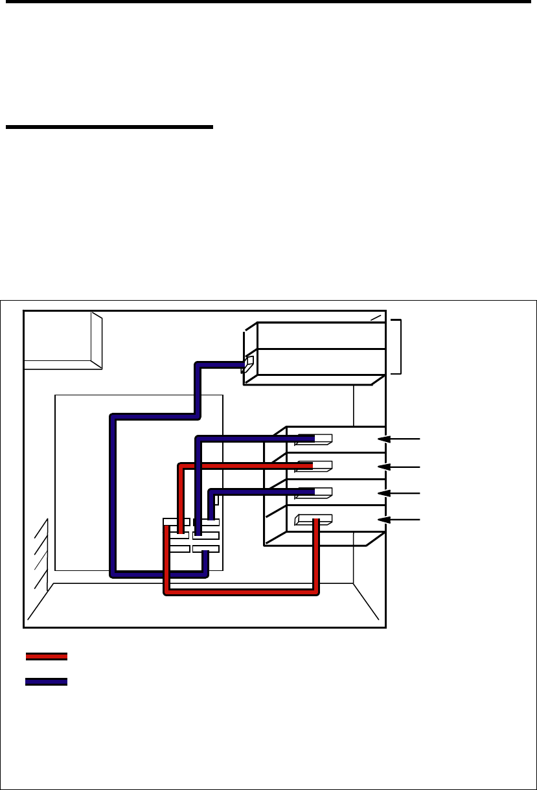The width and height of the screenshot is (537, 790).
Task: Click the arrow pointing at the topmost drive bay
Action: point(399,439)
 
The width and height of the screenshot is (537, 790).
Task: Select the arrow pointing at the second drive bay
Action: point(399,466)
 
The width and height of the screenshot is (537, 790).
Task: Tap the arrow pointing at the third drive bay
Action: point(399,493)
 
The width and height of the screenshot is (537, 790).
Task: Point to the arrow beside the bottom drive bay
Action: point(399,519)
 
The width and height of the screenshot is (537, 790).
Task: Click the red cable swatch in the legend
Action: point(47,656)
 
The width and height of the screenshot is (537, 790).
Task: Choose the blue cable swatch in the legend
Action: point(47,682)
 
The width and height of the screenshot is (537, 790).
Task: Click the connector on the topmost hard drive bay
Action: point(314,439)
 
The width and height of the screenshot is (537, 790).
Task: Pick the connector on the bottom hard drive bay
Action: point(314,518)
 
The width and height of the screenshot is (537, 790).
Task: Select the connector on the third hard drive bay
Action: point(314,493)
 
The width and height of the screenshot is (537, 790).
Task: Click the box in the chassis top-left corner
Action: point(62,340)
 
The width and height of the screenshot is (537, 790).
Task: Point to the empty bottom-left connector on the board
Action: point(179,550)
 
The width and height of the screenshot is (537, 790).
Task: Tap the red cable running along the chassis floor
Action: point(240,590)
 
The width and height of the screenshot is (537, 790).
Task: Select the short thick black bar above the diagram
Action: point(109,127)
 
